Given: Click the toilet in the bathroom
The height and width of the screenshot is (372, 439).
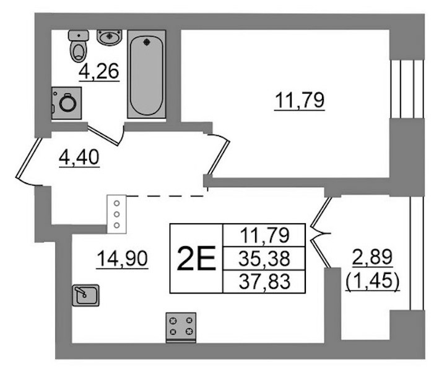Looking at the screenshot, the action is pyautogui.click(x=79, y=46).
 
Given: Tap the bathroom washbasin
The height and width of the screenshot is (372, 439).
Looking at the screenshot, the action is pyautogui.click(x=110, y=37).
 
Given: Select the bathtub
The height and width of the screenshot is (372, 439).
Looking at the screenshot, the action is pyautogui.click(x=146, y=74).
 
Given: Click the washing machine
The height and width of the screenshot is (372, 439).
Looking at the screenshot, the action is pyautogui.click(x=66, y=103).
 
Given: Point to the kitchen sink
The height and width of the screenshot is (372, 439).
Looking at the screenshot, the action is pyautogui.click(x=85, y=295).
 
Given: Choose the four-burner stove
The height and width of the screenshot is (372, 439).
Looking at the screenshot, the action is pyautogui.click(x=181, y=327).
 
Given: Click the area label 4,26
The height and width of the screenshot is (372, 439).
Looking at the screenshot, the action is pyautogui.click(x=99, y=71).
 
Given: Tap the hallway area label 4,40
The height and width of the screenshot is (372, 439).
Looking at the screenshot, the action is pyautogui.click(x=79, y=157).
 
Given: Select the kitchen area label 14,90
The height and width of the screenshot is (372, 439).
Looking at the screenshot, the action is pyautogui.click(x=122, y=259).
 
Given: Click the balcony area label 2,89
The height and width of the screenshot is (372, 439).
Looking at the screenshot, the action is pyautogui.click(x=372, y=257).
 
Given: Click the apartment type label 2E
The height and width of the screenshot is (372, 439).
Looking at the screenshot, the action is pyautogui.click(x=196, y=259).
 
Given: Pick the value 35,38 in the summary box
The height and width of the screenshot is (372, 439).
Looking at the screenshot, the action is pyautogui.click(x=264, y=259).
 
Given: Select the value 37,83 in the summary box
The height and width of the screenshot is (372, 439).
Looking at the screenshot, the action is pyautogui.click(x=264, y=281).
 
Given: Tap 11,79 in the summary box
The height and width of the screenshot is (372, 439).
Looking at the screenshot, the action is pyautogui.click(x=264, y=235).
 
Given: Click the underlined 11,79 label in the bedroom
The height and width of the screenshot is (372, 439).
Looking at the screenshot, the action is pyautogui.click(x=300, y=100).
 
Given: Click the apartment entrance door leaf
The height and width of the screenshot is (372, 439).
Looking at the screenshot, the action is pyautogui.click(x=28, y=157).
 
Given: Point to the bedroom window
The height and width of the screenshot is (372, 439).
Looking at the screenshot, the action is pyautogui.click(x=407, y=89).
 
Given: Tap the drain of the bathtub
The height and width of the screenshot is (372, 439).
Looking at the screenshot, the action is pyautogui.click(x=146, y=42).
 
